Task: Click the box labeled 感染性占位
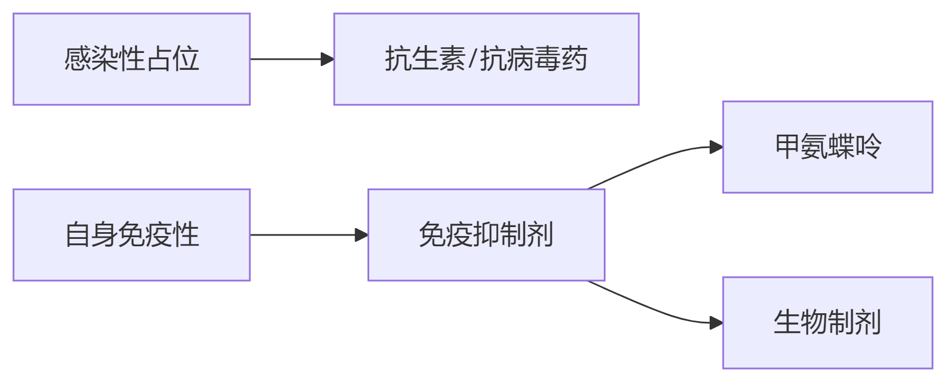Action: coord(131,59)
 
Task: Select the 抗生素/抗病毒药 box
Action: coord(486,59)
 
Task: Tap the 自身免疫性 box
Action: coord(131,235)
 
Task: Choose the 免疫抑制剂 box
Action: coord(486,235)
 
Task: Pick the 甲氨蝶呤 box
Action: coord(827,147)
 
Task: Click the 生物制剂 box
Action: coord(827,323)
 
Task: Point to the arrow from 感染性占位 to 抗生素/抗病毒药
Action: coord(287,59)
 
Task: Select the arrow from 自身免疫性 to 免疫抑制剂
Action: coord(304,235)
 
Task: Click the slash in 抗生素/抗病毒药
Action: coord(472,59)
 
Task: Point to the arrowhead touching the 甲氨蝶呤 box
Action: coord(716,147)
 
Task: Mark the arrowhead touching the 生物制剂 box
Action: coord(716,323)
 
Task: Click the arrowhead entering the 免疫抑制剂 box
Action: coord(361,235)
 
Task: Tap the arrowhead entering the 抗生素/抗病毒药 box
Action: coord(327,59)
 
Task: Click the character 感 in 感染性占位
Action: coord(77,59)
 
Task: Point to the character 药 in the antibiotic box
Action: coord(575,59)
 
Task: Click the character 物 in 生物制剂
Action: coord(814,323)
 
